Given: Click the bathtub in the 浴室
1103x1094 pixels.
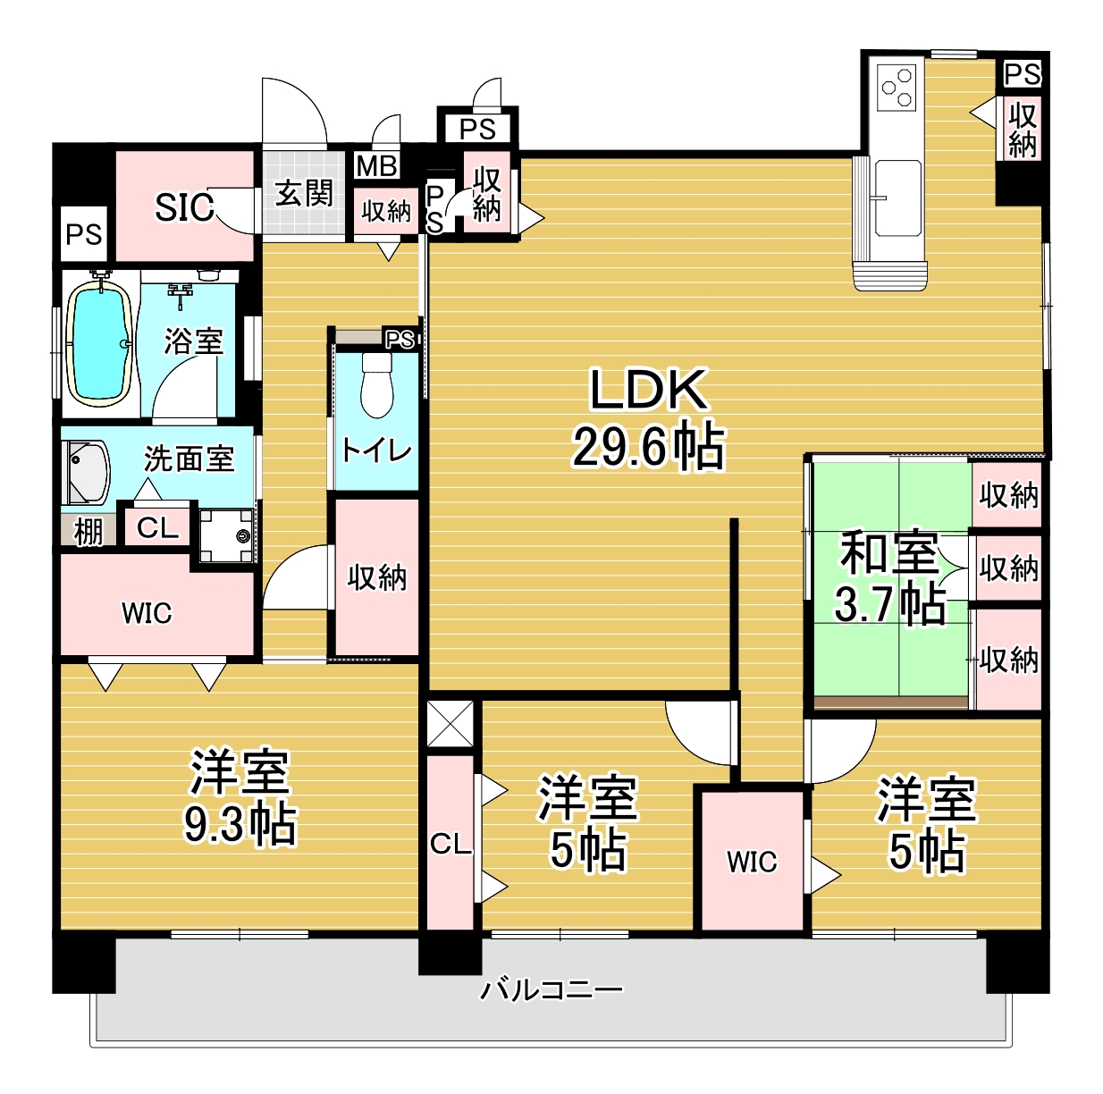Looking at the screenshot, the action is (x=101, y=343).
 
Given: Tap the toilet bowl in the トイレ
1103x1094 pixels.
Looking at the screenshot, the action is (x=376, y=384).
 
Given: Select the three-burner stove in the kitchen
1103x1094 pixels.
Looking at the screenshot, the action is (x=897, y=88).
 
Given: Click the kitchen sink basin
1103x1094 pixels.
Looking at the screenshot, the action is (x=897, y=198).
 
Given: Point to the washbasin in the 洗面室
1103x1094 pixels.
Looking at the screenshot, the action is (x=86, y=472).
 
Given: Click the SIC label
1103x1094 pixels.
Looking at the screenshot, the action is (x=184, y=207).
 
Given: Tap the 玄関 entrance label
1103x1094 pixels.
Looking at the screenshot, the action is (x=303, y=193).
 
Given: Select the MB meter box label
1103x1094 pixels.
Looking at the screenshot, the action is (x=376, y=166).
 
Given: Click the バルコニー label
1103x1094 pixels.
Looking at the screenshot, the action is (x=551, y=1006).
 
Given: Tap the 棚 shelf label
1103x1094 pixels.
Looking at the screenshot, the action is (x=88, y=533).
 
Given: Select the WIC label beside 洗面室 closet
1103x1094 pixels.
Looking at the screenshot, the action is (x=147, y=613).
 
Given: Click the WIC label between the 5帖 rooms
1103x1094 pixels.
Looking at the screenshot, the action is (x=752, y=862).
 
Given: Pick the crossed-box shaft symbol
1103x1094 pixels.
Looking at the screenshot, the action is (x=450, y=724).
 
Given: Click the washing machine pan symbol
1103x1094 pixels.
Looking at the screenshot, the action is (x=226, y=535).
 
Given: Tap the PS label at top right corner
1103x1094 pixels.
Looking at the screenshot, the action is (x=1023, y=74).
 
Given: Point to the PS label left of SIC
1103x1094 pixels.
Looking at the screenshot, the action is (x=83, y=234).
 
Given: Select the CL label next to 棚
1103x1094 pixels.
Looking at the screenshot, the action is (x=157, y=528).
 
